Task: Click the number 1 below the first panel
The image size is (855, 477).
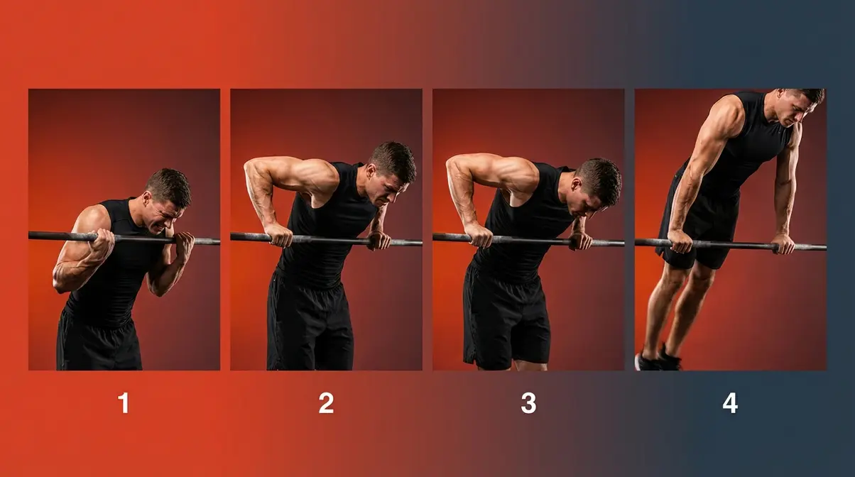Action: click(124, 403)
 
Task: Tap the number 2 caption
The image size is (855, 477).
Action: click(326, 403)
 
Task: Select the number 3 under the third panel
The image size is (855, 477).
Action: click(528, 403)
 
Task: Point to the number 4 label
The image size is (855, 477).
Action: click(730, 403)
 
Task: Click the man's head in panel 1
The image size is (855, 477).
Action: click(168, 195)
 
